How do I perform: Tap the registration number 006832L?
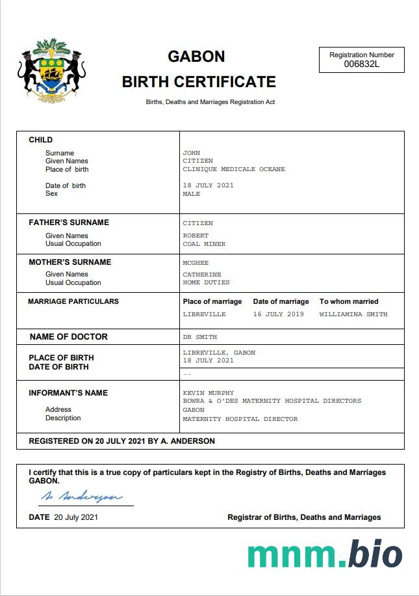tap(361, 64)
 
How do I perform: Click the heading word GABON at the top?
tap(196, 57)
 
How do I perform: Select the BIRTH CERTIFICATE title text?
tap(199, 82)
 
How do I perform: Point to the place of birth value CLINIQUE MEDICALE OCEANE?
tap(234, 169)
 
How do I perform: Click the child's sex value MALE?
tap(192, 194)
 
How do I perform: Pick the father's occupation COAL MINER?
tap(204, 244)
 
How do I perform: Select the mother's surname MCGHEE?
tap(196, 262)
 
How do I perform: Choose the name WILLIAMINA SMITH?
tap(353, 314)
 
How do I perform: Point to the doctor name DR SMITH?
tap(200, 337)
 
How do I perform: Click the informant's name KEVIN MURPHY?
tap(209, 393)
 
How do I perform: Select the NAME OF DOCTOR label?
tap(69, 336)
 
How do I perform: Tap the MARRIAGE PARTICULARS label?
tap(73, 301)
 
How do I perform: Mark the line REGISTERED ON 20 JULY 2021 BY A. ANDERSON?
tap(122, 441)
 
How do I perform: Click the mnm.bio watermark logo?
tap(325, 554)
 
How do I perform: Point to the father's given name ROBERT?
tap(196, 236)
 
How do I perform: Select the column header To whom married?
tap(349, 301)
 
